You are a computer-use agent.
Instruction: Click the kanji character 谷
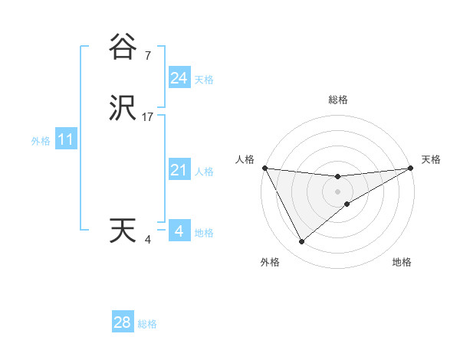123,47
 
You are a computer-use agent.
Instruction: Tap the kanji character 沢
123,108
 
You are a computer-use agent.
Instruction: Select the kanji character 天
123,231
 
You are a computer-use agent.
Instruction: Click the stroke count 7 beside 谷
147,56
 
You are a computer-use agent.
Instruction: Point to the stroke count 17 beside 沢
148,117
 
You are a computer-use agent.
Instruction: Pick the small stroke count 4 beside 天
148,240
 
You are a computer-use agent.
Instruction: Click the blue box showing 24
179,77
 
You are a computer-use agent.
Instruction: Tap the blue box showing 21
179,170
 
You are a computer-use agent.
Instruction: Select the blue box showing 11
66,140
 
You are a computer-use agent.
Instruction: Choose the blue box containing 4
179,231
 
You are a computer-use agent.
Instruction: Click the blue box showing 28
123,322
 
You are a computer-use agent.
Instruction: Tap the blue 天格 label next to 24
204,80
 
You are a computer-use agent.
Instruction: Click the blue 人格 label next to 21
204,172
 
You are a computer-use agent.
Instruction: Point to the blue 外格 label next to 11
41,142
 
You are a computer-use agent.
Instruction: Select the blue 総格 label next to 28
147,325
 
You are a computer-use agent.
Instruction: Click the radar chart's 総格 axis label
338,100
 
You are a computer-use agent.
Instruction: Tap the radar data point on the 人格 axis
264,168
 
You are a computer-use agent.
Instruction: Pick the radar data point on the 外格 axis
301,242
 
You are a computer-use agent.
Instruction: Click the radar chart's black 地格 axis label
402,262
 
